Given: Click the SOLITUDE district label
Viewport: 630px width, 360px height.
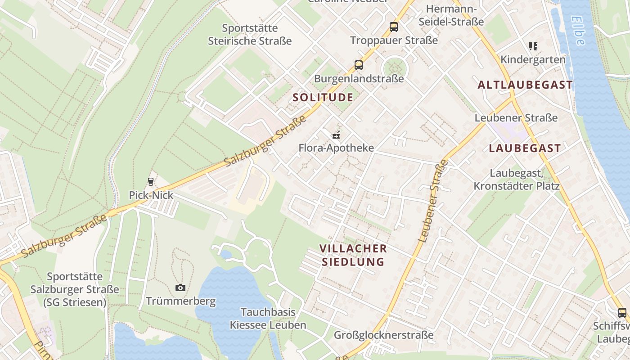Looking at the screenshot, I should [x=323, y=97].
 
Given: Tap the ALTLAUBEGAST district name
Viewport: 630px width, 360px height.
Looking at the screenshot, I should [x=525, y=85].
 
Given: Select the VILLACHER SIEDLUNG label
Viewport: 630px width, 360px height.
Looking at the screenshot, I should [x=353, y=255].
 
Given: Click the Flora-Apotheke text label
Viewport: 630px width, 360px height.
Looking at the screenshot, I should [x=336, y=148].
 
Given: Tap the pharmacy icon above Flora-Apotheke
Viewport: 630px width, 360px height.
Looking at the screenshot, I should [x=336, y=134].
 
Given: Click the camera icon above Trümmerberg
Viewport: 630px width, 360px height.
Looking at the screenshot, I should [x=180, y=288].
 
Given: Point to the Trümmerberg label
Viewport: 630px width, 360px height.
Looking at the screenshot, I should [x=181, y=301].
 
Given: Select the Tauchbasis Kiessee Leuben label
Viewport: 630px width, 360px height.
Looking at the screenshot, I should [x=268, y=319].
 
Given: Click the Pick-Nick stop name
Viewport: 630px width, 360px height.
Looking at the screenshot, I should [x=151, y=195].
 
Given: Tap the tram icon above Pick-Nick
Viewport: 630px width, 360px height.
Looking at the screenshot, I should [x=151, y=182].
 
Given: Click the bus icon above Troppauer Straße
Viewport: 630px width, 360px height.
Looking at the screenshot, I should [x=394, y=27].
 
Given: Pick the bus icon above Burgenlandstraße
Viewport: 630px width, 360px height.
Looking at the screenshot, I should [x=359, y=65].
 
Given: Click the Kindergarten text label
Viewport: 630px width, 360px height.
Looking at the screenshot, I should [x=533, y=59].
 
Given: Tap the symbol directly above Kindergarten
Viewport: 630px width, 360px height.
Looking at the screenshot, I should [x=533, y=46].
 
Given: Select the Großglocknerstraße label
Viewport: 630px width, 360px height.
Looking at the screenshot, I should [x=383, y=335].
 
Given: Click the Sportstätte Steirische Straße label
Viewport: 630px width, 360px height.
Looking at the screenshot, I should [x=250, y=35].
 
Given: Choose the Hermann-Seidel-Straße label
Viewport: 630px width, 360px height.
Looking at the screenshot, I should [x=451, y=15].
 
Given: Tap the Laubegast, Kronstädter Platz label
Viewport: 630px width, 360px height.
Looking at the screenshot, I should [x=517, y=180].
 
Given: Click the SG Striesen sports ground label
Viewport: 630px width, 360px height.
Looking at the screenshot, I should [x=75, y=289].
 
